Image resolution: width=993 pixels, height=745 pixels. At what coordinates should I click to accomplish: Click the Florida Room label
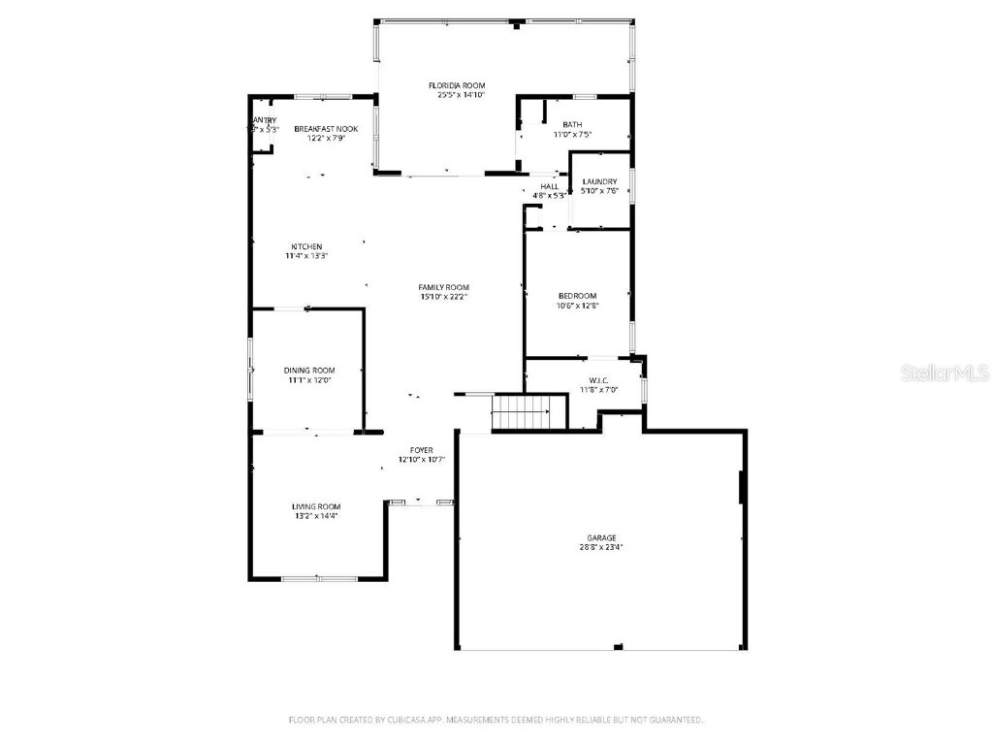(x=456, y=85)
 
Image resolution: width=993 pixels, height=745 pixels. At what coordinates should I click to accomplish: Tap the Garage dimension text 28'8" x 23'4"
(x=600, y=547)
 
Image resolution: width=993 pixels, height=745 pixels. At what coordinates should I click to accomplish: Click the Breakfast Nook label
(x=326, y=129)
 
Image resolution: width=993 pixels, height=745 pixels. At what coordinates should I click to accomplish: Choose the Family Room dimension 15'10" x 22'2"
(x=443, y=297)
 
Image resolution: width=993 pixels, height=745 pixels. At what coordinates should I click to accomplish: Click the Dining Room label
(x=309, y=370)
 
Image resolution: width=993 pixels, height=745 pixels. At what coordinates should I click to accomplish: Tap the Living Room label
(x=316, y=506)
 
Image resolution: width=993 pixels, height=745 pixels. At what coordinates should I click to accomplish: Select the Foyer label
(x=421, y=450)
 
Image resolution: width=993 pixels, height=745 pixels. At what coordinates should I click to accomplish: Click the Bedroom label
(x=577, y=296)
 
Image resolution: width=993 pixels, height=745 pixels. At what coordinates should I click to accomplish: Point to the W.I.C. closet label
(x=597, y=380)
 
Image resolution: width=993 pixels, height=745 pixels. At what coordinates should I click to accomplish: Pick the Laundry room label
(x=599, y=181)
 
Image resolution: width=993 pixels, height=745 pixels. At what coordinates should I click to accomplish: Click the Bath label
(x=572, y=124)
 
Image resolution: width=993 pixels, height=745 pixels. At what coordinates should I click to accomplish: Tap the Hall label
(x=549, y=186)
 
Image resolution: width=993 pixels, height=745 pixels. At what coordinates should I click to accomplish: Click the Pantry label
(x=264, y=120)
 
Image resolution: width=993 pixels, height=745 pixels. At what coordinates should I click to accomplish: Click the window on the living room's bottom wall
(x=319, y=579)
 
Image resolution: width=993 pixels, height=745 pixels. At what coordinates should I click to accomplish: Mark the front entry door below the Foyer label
(x=421, y=502)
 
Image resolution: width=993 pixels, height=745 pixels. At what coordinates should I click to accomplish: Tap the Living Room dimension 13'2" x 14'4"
(x=316, y=516)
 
